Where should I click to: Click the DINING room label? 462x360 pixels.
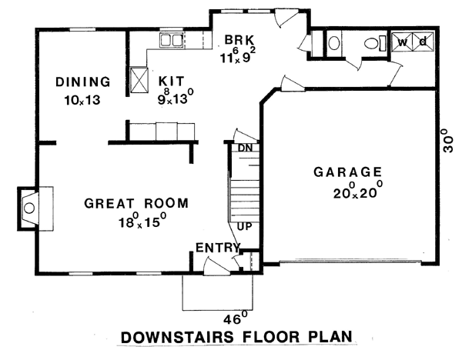(x=83, y=82)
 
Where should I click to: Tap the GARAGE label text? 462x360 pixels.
(x=348, y=172)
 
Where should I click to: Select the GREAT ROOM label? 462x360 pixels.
(x=136, y=203)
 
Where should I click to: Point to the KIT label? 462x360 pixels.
(x=172, y=81)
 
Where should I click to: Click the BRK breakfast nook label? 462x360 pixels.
(x=239, y=40)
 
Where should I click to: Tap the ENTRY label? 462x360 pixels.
(x=218, y=248)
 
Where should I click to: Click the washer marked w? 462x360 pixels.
(x=402, y=42)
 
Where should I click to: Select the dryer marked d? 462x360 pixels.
(x=423, y=42)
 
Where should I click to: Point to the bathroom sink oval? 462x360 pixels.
(x=334, y=43)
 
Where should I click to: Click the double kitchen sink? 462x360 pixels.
(x=172, y=40)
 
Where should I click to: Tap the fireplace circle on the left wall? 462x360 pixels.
(x=29, y=208)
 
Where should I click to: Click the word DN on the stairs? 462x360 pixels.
(x=245, y=148)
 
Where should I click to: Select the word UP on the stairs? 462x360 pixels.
(x=245, y=226)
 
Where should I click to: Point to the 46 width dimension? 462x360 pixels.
(x=235, y=318)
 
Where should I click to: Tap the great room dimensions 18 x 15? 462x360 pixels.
(x=142, y=220)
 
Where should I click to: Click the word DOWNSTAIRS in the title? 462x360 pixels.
(x=177, y=337)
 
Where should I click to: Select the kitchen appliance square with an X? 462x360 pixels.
(x=139, y=80)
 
